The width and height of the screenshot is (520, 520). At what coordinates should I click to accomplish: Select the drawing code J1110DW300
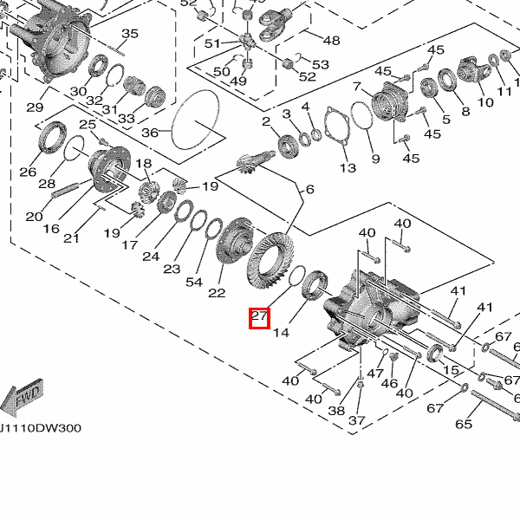pyautogui.click(x=40, y=428)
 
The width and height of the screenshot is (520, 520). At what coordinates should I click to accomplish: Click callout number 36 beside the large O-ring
pyautogui.click(x=150, y=133)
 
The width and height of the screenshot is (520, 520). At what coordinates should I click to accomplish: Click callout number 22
pyautogui.click(x=217, y=293)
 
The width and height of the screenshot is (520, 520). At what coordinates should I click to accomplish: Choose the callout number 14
pyautogui.click(x=281, y=332)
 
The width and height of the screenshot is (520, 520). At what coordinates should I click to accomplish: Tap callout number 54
pyautogui.click(x=194, y=283)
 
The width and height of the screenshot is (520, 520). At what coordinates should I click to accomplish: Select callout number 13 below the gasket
pyautogui.click(x=348, y=168)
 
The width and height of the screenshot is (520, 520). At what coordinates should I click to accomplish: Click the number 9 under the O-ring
pyautogui.click(x=375, y=159)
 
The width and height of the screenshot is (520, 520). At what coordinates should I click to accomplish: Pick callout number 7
pyautogui.click(x=356, y=87)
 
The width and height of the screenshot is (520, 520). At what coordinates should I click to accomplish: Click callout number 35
pyautogui.click(x=130, y=34)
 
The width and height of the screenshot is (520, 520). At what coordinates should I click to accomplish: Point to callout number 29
pyautogui.click(x=35, y=107)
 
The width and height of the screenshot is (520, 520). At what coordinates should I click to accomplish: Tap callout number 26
pyautogui.click(x=28, y=172)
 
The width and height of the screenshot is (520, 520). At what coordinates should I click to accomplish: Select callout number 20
pyautogui.click(x=34, y=217)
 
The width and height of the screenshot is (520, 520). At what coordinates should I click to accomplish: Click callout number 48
pyautogui.click(x=332, y=41)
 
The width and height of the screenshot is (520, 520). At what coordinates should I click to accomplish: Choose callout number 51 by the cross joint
pyautogui.click(x=212, y=43)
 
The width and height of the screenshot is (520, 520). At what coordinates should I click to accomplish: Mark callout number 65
pyautogui.click(x=464, y=424)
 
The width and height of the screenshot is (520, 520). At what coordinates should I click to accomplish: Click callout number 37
pyautogui.click(x=357, y=420)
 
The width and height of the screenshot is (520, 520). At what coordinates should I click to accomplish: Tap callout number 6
pyautogui.click(x=310, y=189)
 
